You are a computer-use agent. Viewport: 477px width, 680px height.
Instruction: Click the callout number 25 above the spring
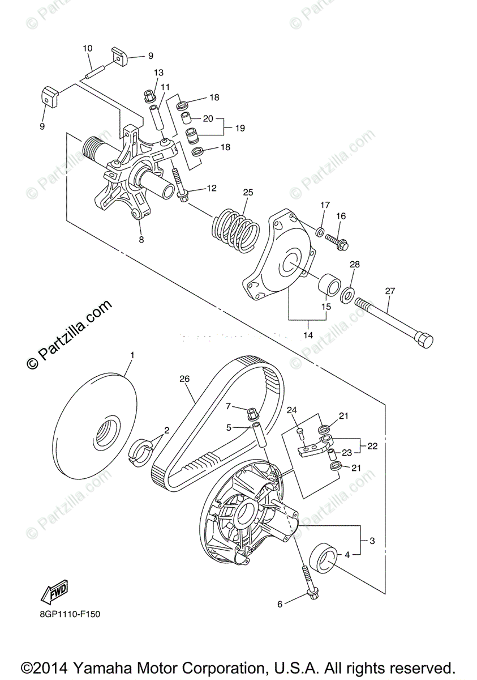(247, 193)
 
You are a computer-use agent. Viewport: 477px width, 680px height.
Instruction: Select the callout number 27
(389, 291)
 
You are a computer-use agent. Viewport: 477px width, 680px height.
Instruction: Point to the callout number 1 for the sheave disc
(132, 355)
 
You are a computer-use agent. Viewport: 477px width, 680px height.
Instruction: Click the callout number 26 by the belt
(183, 379)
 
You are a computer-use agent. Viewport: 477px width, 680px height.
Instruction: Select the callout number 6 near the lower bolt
(280, 605)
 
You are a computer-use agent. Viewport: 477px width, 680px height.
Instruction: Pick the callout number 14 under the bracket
(308, 335)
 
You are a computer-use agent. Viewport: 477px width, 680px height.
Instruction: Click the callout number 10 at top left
(87, 49)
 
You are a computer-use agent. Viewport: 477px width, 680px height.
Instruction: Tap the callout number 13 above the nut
(158, 73)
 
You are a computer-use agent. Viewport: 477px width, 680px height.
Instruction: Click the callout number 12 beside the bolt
(212, 188)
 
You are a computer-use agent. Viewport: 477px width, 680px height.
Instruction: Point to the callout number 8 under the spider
(141, 240)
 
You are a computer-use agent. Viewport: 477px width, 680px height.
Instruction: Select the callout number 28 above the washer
(355, 265)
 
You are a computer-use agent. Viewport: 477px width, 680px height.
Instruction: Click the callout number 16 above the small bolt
(341, 216)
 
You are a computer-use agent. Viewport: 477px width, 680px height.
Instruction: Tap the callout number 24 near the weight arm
(291, 410)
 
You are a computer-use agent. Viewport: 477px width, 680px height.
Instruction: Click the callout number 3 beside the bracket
(372, 541)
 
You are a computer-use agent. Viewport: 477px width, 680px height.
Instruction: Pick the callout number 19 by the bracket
(240, 129)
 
